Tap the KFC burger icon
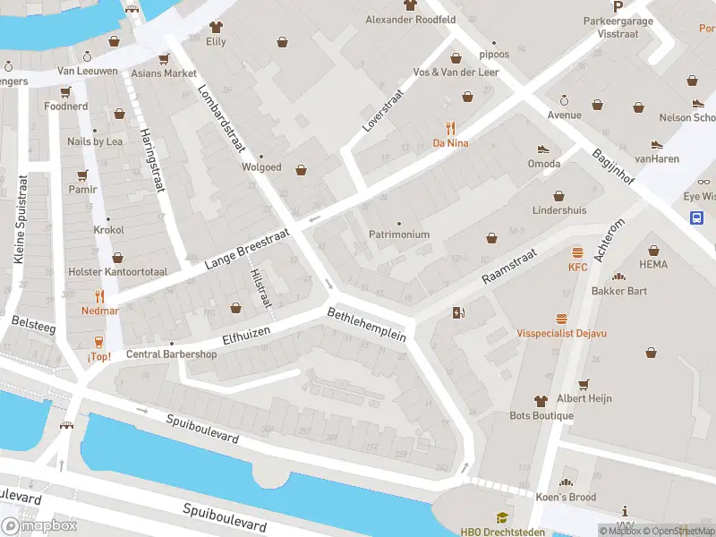point(577,252)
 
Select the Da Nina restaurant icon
point(451,128)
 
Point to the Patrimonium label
point(399,234)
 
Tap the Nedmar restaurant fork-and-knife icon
point(99,296)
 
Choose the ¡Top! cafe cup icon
point(99,342)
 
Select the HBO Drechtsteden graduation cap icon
point(502,517)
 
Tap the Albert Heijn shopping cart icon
point(584,384)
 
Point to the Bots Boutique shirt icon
point(541,401)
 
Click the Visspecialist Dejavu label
point(561,333)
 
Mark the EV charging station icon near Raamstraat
point(459,312)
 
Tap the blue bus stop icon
point(696,217)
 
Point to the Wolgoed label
point(261,166)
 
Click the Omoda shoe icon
point(542,149)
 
